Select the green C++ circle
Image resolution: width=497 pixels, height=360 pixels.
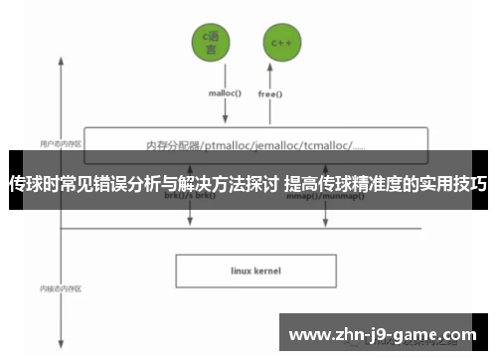click(278, 42)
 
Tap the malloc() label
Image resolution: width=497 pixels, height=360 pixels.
click(225, 95)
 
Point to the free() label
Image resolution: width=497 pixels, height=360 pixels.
click(270, 95)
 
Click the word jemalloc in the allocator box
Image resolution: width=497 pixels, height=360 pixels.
click(284, 145)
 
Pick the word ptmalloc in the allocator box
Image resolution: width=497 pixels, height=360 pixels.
click(230, 145)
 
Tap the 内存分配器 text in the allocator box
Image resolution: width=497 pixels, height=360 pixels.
click(171, 145)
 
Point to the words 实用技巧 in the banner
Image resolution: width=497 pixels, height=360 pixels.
click(456, 184)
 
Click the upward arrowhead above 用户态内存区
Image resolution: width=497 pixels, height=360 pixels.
click(62, 60)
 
